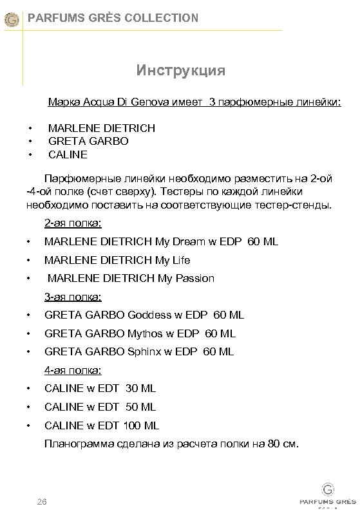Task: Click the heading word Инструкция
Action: click(x=180, y=69)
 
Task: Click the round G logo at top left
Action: click(x=11, y=20)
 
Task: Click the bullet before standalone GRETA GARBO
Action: click(x=29, y=141)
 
